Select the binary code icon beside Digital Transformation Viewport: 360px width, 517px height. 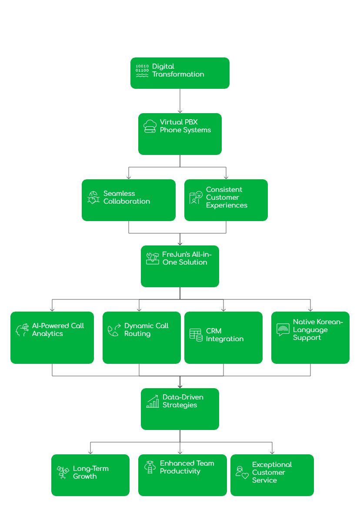142,70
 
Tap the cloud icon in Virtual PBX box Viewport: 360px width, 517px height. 150,126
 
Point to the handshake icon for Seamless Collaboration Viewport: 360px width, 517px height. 94,198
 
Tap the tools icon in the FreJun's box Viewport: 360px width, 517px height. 152,258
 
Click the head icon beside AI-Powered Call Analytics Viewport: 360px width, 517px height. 22,330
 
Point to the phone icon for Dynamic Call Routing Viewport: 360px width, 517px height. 114,330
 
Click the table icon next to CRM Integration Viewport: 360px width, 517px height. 196,334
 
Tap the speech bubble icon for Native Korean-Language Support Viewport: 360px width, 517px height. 283,329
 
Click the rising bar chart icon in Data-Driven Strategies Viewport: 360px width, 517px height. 152,401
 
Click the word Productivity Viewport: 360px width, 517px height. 180,471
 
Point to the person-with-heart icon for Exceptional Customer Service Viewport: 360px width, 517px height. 242,473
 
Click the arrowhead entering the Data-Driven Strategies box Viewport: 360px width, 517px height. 180,386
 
